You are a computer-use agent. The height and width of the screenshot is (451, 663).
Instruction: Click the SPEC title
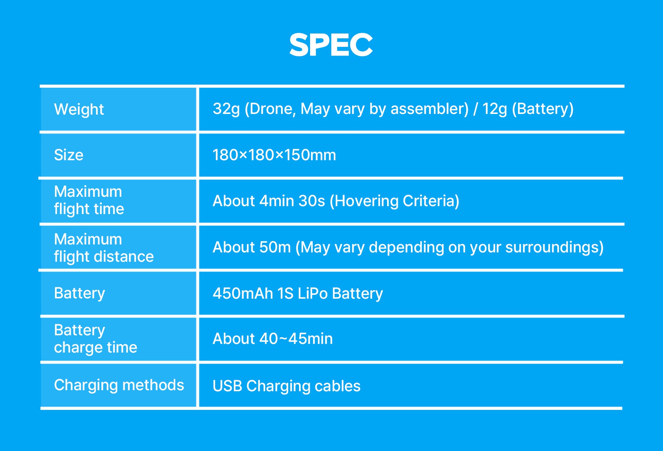[331, 45]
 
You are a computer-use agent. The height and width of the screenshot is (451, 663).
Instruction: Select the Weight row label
[79, 109]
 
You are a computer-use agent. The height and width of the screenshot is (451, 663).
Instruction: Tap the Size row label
[69, 155]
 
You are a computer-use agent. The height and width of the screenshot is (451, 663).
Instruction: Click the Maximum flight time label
[89, 200]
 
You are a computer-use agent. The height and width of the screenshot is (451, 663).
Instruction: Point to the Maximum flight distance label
[104, 248]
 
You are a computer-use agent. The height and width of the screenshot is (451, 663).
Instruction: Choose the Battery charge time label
[95, 339]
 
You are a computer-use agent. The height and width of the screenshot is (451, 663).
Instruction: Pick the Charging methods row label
[119, 385]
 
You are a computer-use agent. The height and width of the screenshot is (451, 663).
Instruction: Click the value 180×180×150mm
[274, 155]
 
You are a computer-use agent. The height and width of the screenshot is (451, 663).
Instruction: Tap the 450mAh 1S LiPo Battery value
[298, 294]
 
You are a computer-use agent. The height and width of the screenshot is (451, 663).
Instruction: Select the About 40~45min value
[273, 339]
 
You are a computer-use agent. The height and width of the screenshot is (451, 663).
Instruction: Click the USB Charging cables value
[286, 386]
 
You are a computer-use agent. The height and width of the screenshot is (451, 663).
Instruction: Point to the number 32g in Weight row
[226, 109]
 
